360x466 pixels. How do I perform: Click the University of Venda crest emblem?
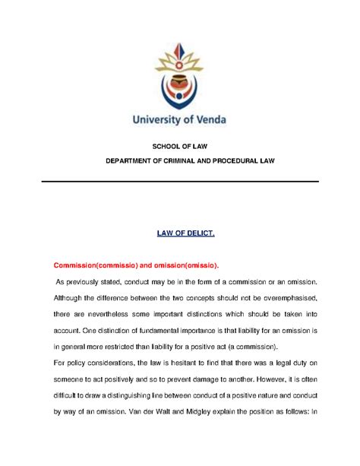point(180,73)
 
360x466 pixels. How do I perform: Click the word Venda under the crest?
point(206,119)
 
